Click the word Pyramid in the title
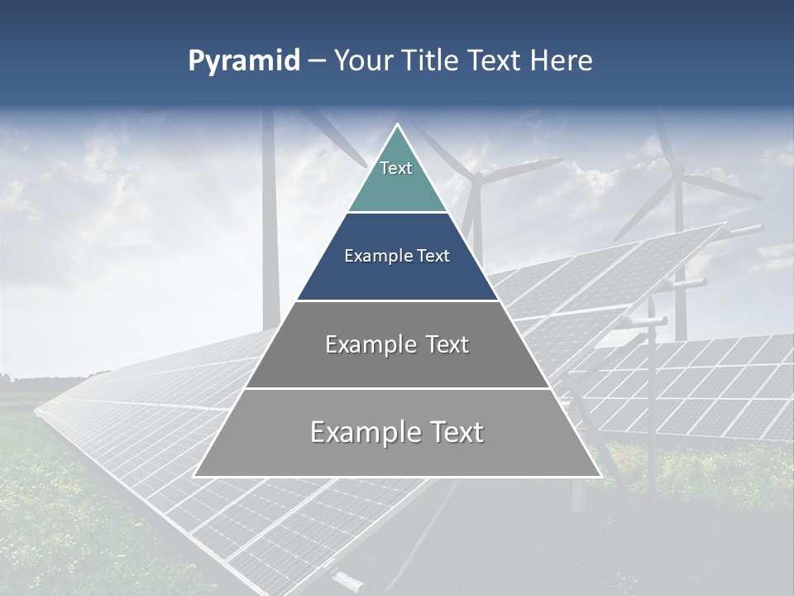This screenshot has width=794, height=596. tap(243, 61)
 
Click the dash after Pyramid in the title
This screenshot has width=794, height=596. tap(316, 62)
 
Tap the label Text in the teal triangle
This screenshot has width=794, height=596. tap(396, 168)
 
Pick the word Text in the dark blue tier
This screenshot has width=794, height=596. tap(433, 256)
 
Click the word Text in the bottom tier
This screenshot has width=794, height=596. tap(452, 432)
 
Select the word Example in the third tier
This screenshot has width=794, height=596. tap(368, 344)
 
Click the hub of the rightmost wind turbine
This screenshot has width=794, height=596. tap(678, 175)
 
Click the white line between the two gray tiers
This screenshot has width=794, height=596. tap(397, 388)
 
